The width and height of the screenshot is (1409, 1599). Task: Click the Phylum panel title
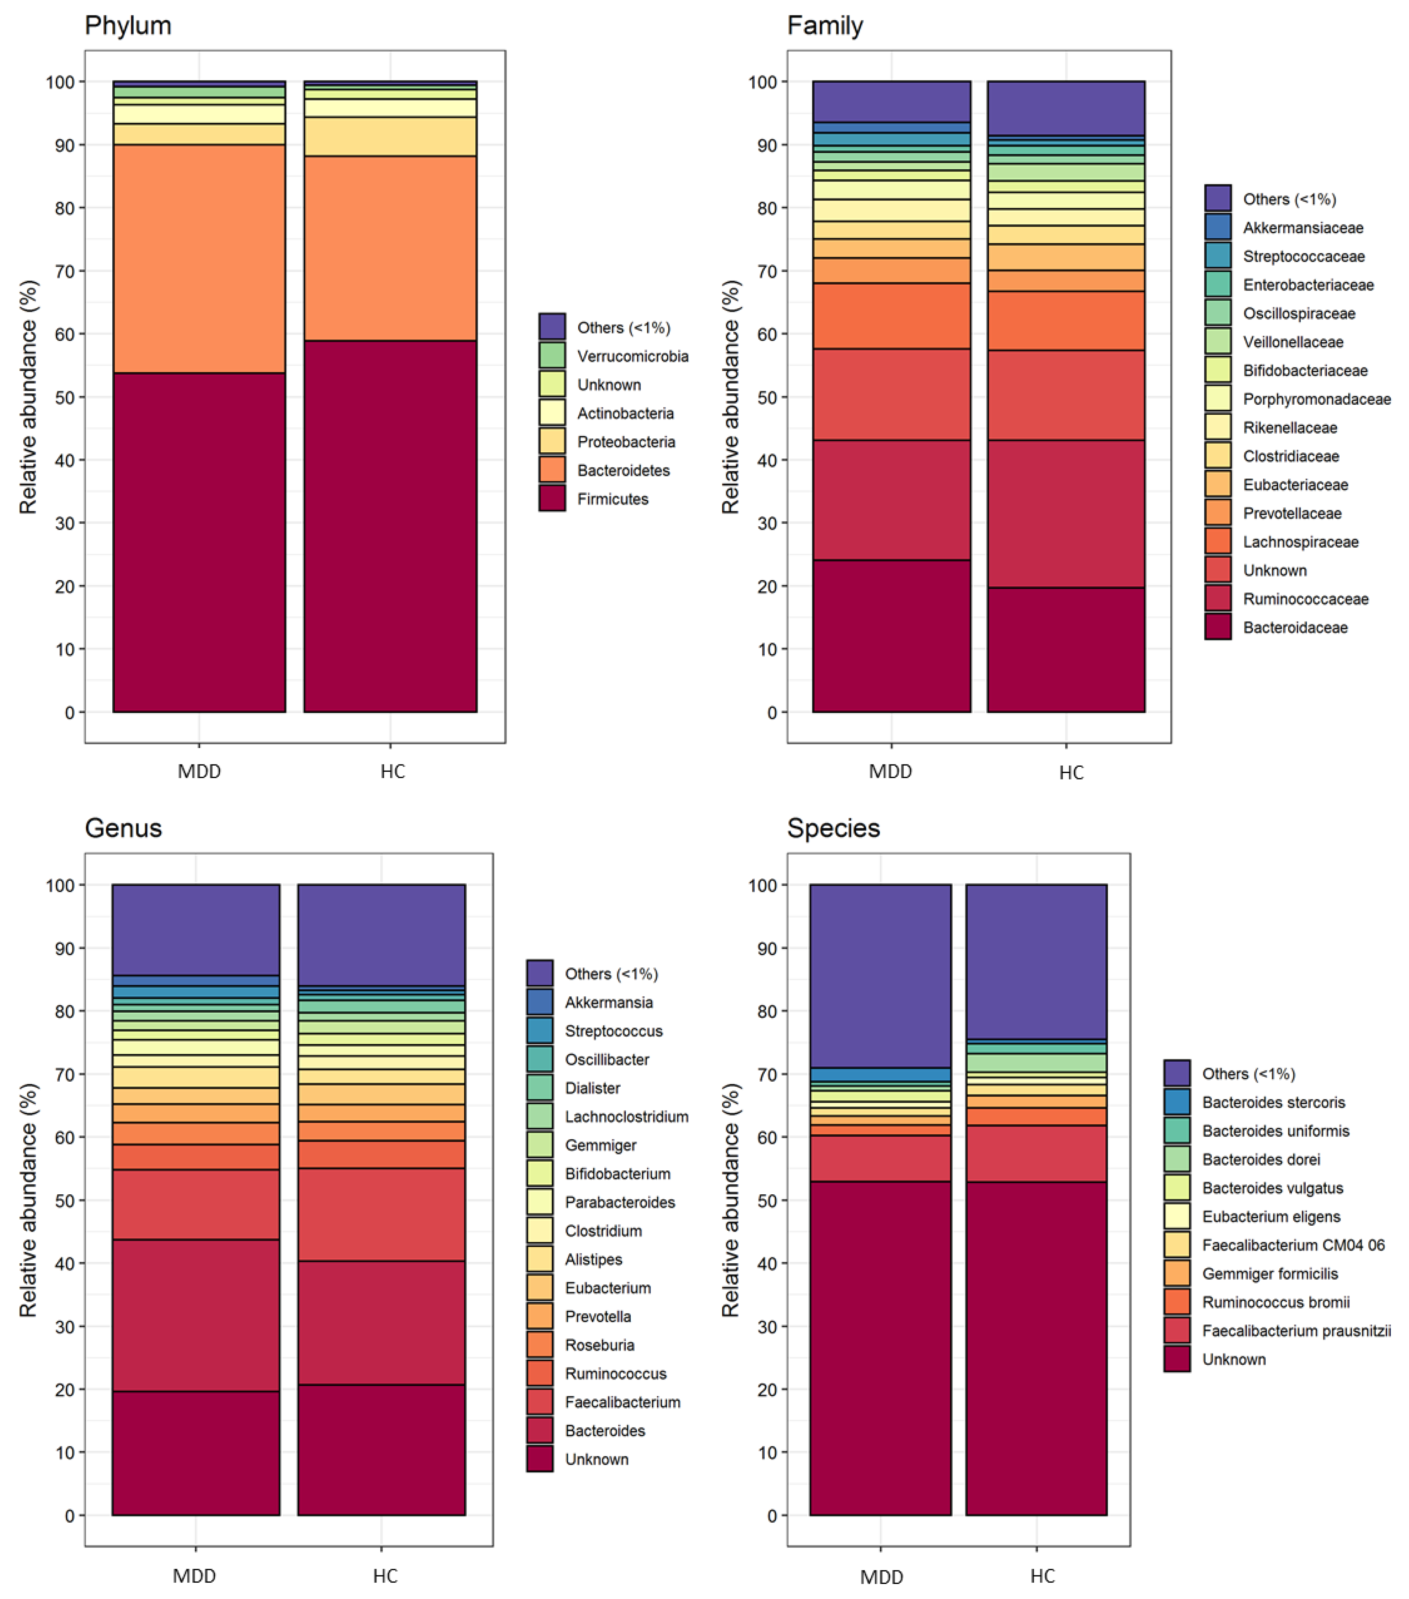pyautogui.click(x=127, y=26)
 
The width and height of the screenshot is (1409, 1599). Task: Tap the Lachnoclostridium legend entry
pyautogui.click(x=626, y=1116)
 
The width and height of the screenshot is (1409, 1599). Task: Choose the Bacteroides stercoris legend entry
pyautogui.click(x=1273, y=1102)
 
